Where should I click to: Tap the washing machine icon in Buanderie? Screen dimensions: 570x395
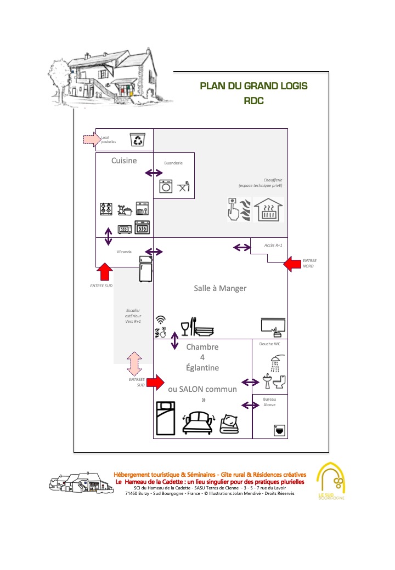(166, 186)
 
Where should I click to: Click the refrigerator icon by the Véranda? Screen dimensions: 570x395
(145, 269)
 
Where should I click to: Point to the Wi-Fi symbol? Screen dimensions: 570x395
(161, 320)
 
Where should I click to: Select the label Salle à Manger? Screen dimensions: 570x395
(220, 288)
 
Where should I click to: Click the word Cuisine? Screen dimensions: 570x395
(124, 161)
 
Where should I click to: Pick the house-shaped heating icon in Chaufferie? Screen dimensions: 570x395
(268, 210)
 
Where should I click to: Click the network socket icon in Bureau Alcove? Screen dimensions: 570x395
(279, 431)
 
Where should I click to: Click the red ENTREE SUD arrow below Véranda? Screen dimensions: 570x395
(104, 272)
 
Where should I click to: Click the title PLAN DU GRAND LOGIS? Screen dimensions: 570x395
(253, 86)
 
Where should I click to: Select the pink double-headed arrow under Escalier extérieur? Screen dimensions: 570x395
(134, 364)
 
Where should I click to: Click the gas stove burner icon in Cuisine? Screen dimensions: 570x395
(106, 209)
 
